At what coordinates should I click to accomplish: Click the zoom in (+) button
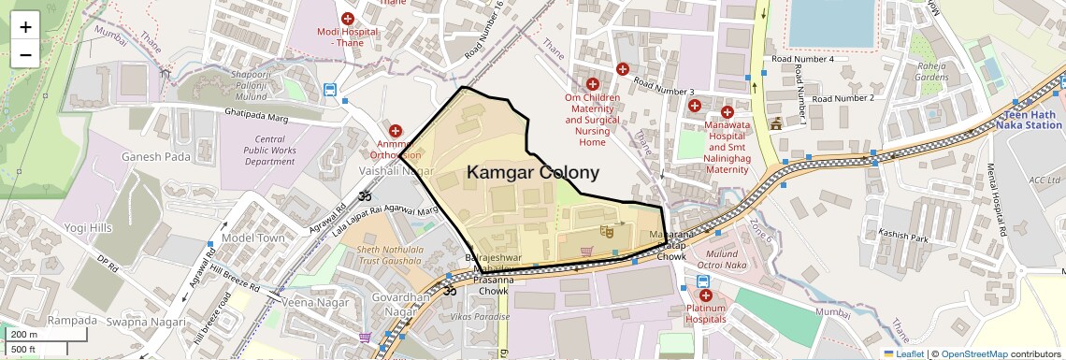pos(25,26)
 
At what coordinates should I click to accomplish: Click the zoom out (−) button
pos(25,53)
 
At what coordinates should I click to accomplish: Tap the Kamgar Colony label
pos(532,172)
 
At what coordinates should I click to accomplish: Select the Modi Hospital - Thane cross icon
pos(348,18)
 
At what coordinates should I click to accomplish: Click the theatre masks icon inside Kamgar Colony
pos(606,228)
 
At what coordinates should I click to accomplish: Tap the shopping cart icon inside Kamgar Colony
pos(586,251)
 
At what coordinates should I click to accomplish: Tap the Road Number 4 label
pos(802,59)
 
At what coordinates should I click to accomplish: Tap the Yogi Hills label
pos(88,227)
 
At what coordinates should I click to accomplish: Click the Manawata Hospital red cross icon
pos(727,112)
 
